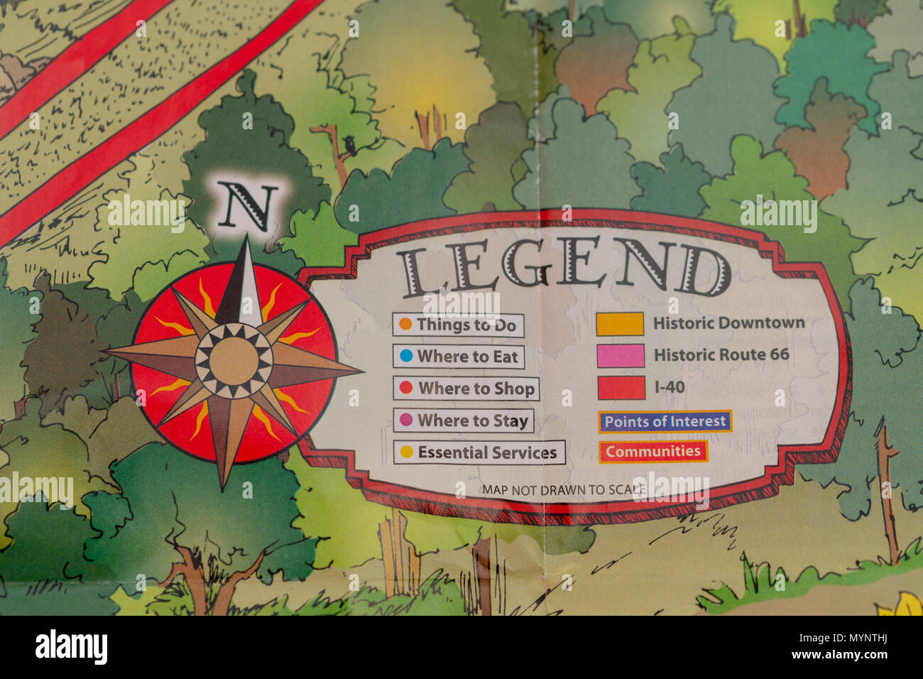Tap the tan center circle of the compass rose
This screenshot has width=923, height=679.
pos(234,361)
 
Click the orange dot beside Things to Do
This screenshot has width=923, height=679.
pos(405,325)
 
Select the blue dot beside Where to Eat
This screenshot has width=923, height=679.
pos(406,356)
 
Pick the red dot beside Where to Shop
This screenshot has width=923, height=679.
pos(406,388)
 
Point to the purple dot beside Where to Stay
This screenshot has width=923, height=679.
pos(406,420)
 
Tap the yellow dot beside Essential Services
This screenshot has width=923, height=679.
pos(407,452)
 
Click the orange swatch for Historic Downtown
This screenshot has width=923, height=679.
pos(620,324)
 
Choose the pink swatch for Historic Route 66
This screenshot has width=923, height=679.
pos(621,355)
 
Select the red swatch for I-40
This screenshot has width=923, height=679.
pos(621,388)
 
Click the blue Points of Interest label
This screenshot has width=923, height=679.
pos(665,421)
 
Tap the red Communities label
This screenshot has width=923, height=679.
pos(653,452)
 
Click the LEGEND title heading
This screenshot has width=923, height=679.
pos(564,268)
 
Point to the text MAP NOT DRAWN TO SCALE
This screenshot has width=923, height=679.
pos(564,489)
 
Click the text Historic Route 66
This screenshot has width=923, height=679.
pos(721,354)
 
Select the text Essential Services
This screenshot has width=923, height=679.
pos(487,452)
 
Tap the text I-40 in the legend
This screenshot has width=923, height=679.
pos(670,387)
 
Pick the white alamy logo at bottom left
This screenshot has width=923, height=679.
pos(71,647)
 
